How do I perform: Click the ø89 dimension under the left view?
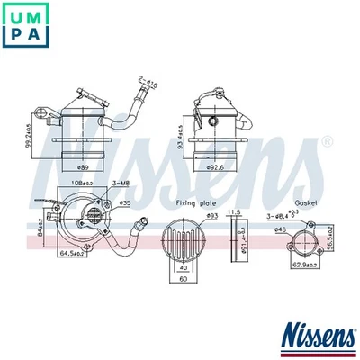point(82,167)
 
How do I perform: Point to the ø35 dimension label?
point(125,204)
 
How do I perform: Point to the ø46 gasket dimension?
point(281,230)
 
